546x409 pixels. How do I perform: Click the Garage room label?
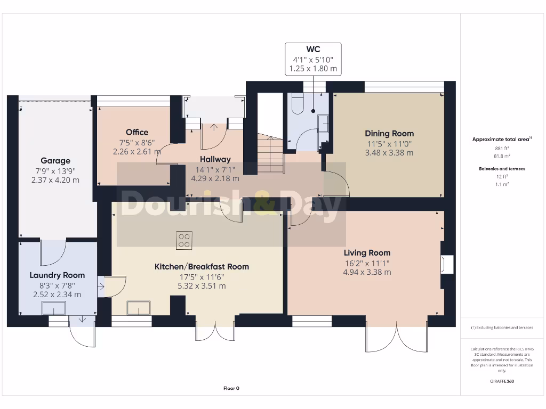pyautogui.click(x=55, y=161)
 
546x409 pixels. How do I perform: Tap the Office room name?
pyautogui.click(x=137, y=132)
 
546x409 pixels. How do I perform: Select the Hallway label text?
pyautogui.click(x=215, y=159)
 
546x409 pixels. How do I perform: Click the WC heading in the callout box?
pyautogui.click(x=313, y=50)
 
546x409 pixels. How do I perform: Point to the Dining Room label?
pyautogui.click(x=389, y=134)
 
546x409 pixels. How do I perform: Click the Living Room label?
pyautogui.click(x=367, y=253)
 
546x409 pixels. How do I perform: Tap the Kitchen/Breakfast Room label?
pyautogui.click(x=202, y=266)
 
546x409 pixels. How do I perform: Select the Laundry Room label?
pyautogui.click(x=57, y=275)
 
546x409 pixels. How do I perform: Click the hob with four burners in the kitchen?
pyautogui.click(x=184, y=241)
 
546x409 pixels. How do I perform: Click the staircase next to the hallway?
pyautogui.click(x=269, y=154)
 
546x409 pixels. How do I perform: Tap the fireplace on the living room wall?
pyautogui.click(x=446, y=265)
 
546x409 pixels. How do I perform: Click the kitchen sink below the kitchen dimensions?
pyautogui.click(x=139, y=308)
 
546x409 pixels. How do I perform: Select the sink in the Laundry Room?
pyautogui.click(x=54, y=308)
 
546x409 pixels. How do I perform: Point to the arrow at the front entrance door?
pyautogui.click(x=214, y=127)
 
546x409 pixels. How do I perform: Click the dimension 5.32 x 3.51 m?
pyautogui.click(x=202, y=286)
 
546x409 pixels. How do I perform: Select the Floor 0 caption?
pyautogui.click(x=231, y=388)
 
